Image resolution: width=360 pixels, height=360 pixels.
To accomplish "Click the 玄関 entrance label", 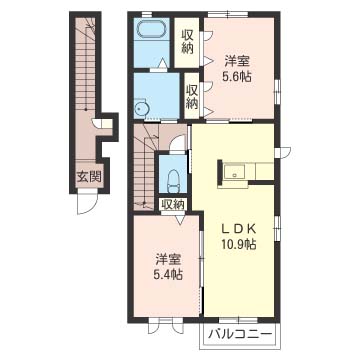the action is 89,176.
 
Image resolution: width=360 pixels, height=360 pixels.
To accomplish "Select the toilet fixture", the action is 173,181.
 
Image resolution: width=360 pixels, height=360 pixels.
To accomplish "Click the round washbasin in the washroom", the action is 141,107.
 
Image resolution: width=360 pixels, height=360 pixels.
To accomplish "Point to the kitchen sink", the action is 235,173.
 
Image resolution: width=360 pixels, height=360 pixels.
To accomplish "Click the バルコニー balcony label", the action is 240,334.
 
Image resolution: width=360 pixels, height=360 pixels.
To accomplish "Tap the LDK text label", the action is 240,229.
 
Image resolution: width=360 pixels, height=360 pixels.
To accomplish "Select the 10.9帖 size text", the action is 240,245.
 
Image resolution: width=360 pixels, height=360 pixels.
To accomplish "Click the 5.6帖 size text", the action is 238,77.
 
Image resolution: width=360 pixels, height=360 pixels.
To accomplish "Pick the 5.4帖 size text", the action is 169,275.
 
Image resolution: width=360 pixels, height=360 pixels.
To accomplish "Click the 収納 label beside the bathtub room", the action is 188,42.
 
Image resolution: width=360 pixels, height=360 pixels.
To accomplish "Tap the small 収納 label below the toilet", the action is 172,205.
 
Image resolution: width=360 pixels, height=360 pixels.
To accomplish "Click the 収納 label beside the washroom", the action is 192,97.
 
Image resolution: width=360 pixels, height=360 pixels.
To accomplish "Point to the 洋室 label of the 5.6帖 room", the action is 238,61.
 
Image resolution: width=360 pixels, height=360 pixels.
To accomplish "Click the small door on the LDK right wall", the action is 283,151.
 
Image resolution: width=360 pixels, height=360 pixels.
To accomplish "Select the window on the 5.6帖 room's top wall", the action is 228,14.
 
